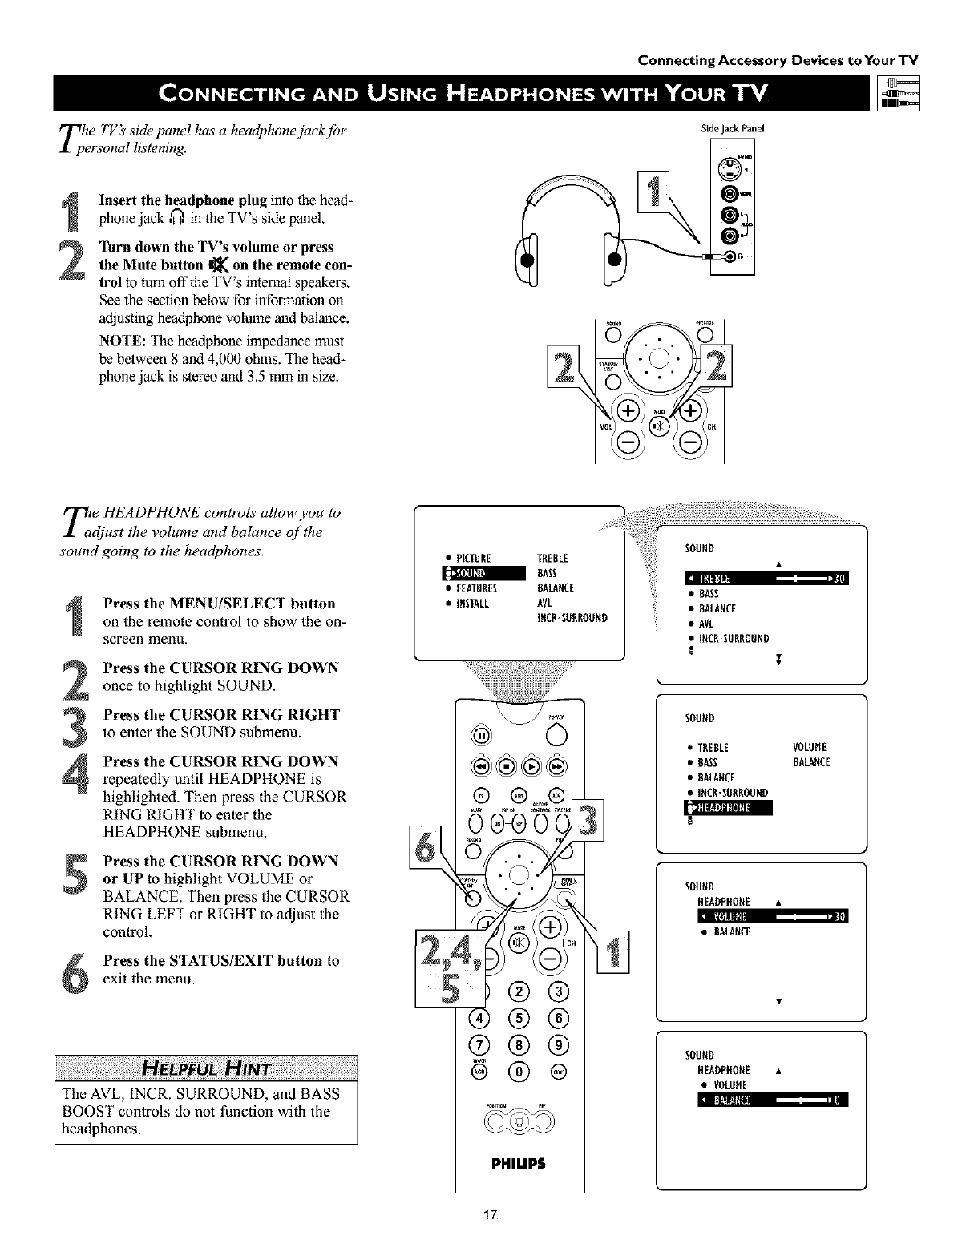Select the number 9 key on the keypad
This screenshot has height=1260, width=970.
point(559,1044)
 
